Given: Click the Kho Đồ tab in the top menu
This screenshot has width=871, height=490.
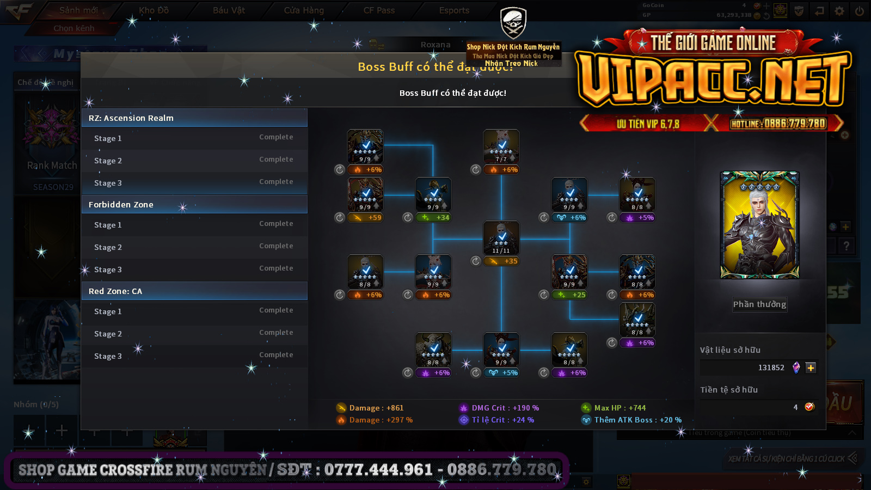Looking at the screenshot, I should (154, 10).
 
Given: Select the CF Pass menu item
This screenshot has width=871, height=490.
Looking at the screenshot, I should (379, 10).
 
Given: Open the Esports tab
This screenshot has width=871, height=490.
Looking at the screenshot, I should (454, 10).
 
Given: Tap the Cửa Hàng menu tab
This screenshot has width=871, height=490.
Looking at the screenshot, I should (304, 10).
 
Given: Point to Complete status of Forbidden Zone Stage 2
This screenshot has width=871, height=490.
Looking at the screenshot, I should (276, 246).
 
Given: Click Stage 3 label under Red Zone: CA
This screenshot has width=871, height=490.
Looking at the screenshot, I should (108, 356).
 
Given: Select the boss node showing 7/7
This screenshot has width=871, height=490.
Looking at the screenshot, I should (501, 146).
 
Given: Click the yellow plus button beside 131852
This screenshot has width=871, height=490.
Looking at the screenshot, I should (811, 368).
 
